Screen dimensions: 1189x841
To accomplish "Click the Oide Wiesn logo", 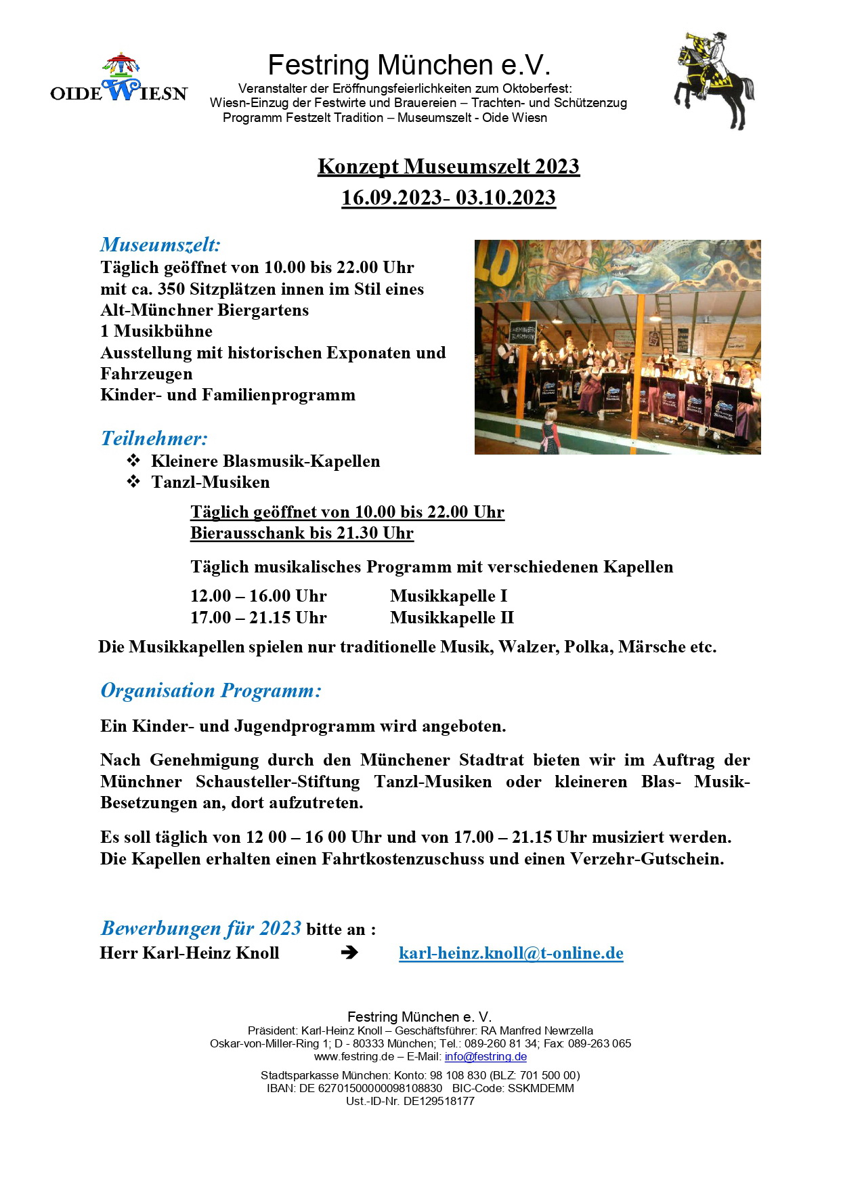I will pyautogui.click(x=118, y=79).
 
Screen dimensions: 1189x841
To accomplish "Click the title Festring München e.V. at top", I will pyautogui.click(x=409, y=65).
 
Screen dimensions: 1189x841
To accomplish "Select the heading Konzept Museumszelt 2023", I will pyautogui.click(x=448, y=167).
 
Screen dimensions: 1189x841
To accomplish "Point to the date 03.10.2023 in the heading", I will pyautogui.click(x=505, y=198).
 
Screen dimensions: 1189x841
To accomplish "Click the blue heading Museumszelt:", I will pyautogui.click(x=160, y=245).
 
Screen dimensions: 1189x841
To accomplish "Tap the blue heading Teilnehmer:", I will pyautogui.click(x=154, y=438).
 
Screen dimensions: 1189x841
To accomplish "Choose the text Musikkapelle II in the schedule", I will pyautogui.click(x=452, y=618).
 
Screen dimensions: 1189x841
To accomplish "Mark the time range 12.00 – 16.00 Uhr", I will pyautogui.click(x=258, y=596).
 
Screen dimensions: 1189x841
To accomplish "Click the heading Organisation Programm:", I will pyautogui.click(x=211, y=690).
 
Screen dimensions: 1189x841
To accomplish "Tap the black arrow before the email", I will pyautogui.click(x=349, y=953).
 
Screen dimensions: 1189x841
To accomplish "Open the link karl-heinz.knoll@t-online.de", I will pyautogui.click(x=511, y=953).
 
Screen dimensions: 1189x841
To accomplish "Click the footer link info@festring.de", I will pyautogui.click(x=486, y=1057).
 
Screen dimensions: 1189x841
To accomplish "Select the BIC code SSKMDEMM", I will pyautogui.click(x=540, y=1088).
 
